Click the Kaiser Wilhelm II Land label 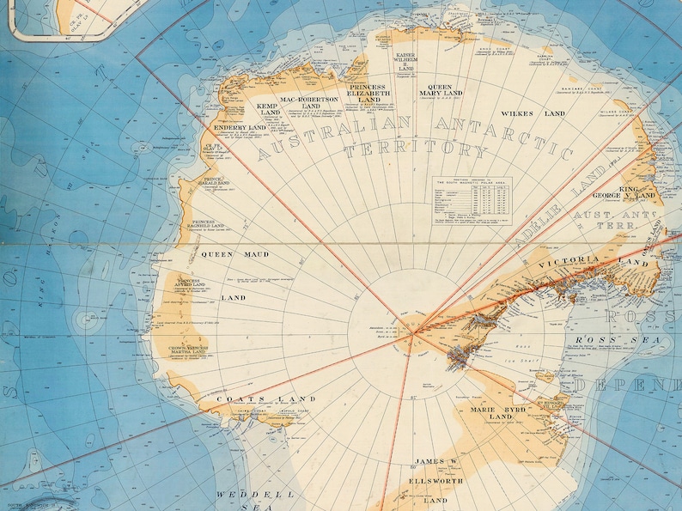[x=405, y=62]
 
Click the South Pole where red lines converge [x=412, y=332]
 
